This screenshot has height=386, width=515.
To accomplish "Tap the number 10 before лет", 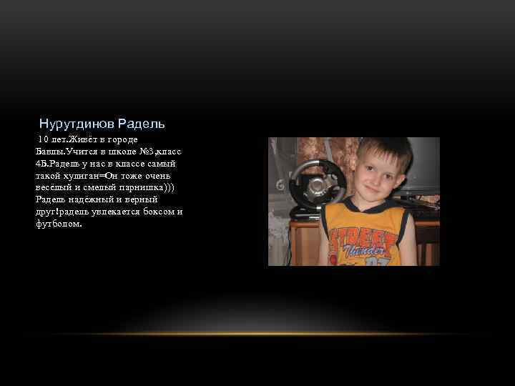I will tap(44, 139).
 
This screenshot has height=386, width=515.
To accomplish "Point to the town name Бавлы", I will tap(49, 151).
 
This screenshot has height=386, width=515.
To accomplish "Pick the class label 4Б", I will tap(41, 163).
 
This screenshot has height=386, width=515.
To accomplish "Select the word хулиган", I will tap(81, 175).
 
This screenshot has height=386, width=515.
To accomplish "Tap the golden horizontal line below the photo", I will tap(257, 334).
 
